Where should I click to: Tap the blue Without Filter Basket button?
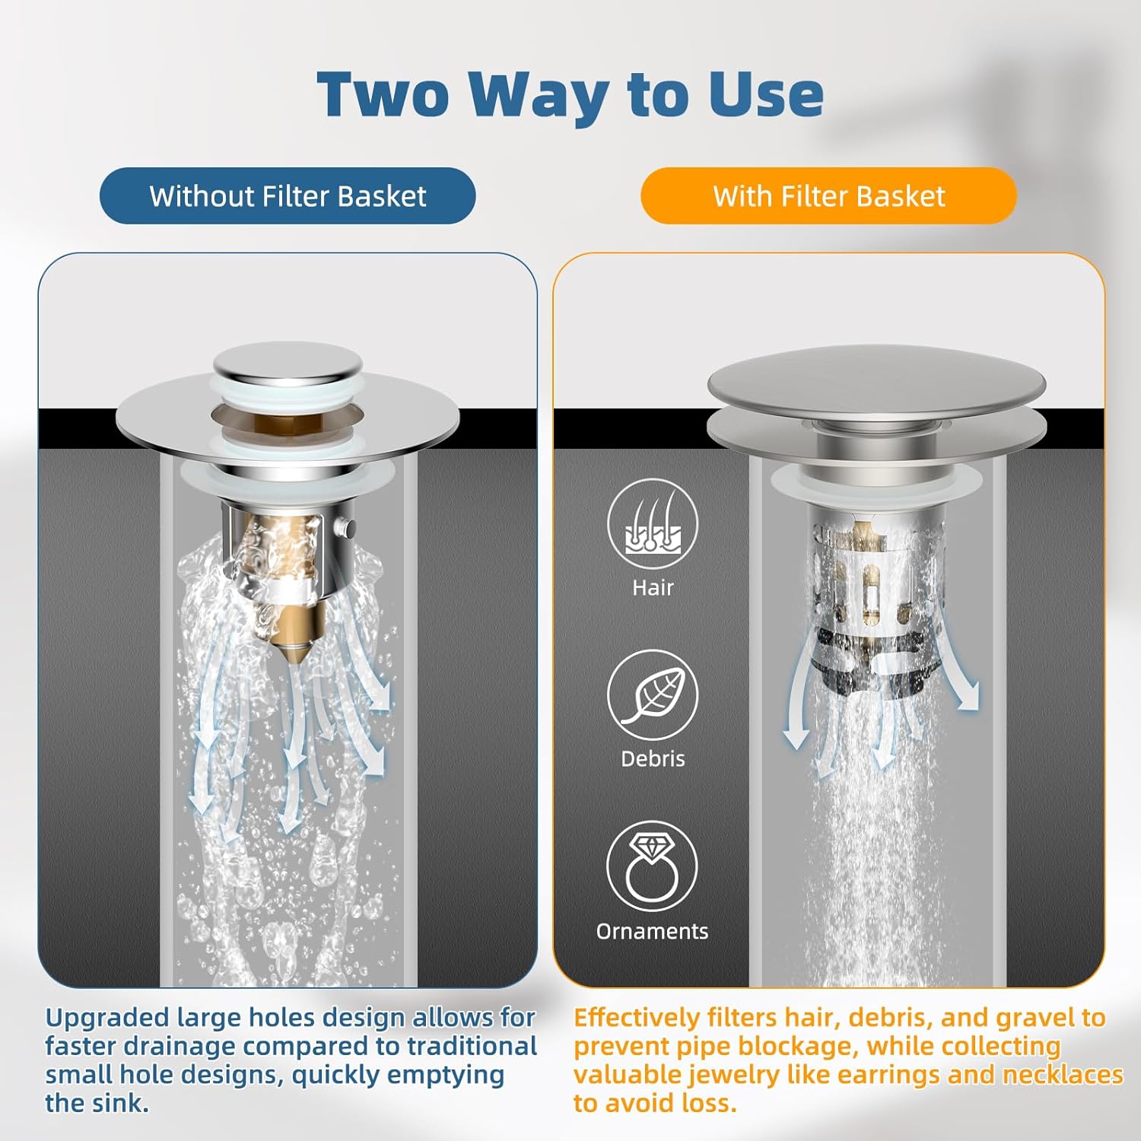[288, 196]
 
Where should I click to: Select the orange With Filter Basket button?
[828, 196]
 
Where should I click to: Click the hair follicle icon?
[653, 523]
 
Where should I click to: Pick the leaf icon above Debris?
[653, 694]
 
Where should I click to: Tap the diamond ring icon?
[653, 866]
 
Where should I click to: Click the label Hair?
[653, 587]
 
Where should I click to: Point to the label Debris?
[653, 758]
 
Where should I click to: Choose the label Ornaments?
[653, 931]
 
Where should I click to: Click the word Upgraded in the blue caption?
[107, 1019]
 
